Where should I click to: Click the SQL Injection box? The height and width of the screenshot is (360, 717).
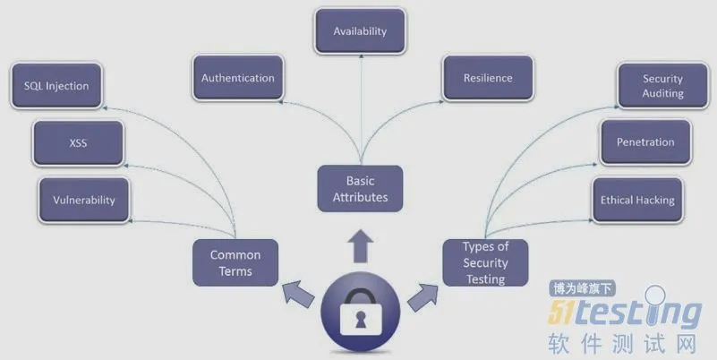click(x=56, y=87)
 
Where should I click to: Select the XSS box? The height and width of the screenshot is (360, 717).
click(x=78, y=142)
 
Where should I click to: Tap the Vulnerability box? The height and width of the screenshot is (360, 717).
click(x=84, y=200)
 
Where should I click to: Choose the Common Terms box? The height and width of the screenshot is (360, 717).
click(x=235, y=262)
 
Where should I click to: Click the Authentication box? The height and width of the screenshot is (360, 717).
click(x=237, y=78)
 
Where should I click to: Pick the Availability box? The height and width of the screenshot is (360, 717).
click(x=360, y=31)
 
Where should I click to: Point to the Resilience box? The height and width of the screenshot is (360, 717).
click(x=488, y=78)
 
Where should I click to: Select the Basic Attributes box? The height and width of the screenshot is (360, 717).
click(x=360, y=189)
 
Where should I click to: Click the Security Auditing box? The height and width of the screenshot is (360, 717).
click(x=662, y=86)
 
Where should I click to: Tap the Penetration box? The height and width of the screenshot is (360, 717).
click(x=645, y=142)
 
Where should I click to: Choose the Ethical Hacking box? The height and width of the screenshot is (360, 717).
click(x=636, y=200)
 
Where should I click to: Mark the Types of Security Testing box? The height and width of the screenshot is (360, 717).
click(x=485, y=262)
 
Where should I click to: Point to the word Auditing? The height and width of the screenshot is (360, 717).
click(x=662, y=93)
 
